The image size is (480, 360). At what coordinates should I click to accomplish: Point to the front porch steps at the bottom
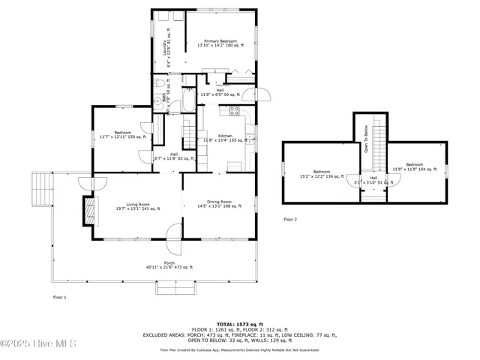pos(177,289)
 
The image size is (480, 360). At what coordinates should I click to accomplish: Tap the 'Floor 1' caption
pos(59,298)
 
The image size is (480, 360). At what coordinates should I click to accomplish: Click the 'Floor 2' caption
pos(290,220)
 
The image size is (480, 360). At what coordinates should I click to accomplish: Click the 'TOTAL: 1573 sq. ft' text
pos(240,321)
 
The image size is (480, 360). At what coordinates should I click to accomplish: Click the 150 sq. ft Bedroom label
pos(122,135)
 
